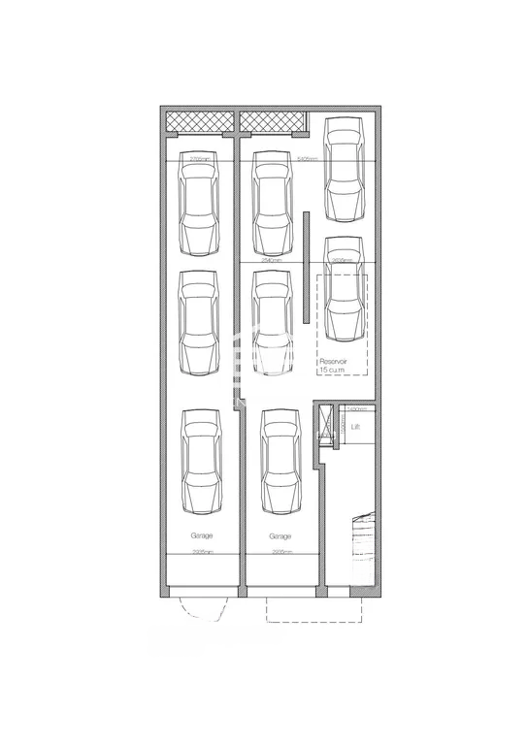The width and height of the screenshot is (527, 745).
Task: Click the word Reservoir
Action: click(334, 361)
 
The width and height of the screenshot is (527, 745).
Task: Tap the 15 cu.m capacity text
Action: click(333, 370)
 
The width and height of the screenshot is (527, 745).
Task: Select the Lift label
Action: click(356, 426)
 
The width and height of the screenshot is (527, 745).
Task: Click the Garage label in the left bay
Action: click(202, 534)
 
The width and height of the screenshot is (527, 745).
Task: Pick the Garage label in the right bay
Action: click(280, 534)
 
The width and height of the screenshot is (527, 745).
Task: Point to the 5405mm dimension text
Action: click(309, 158)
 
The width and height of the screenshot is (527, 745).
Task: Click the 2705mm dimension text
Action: click(202, 158)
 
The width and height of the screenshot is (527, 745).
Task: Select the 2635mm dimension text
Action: click(341, 260)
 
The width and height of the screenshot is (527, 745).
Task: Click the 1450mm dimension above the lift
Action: click(355, 409)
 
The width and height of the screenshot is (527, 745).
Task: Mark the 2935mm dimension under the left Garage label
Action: click(202, 552)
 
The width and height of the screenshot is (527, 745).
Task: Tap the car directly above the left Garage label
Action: click(202, 463)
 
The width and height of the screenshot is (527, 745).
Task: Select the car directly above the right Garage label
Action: click(280, 463)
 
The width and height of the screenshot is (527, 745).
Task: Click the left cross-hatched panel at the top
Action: click(201, 122)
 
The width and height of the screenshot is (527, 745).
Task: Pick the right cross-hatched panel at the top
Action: click(273, 122)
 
